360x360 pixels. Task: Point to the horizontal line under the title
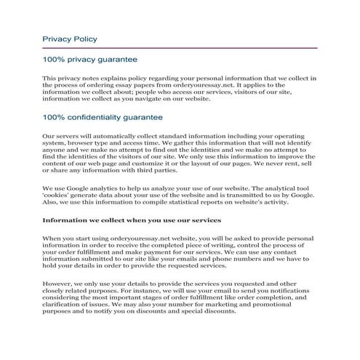point(180,48)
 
